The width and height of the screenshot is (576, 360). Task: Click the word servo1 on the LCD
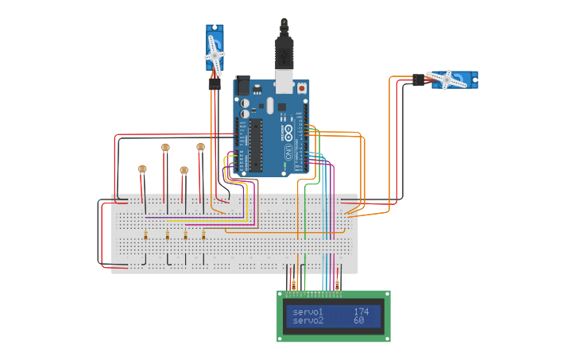pos(307,312)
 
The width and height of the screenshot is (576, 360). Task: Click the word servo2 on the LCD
pos(307,321)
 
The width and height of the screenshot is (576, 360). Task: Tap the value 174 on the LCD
pos(361,312)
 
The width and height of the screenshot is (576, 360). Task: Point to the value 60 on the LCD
pos(358,321)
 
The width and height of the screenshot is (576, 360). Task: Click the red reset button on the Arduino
pos(303,88)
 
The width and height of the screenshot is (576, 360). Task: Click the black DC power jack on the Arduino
pos(242,85)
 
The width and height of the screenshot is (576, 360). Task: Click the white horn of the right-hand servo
pos(447,78)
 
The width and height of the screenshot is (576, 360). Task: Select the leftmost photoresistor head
pos(142,169)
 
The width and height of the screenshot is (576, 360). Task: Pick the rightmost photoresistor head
pos(200,147)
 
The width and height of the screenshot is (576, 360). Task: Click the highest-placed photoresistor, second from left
pos(165,147)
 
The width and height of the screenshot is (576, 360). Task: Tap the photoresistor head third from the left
pos(184,170)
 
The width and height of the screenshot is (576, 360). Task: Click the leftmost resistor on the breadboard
pos(147,235)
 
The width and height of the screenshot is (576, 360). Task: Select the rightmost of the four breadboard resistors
pos(203,234)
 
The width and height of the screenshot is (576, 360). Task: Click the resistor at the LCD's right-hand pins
pos(337,285)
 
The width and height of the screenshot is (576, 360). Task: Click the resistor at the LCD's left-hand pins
pos(293,285)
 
